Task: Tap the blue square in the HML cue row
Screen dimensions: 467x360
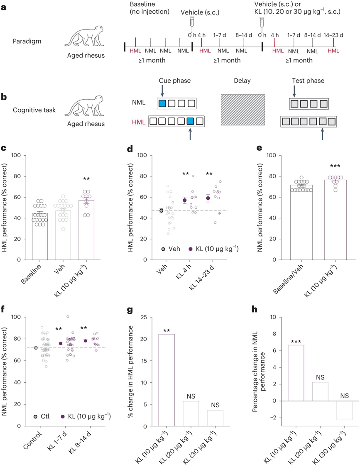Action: (191, 122)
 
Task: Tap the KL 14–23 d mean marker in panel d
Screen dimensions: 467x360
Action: (208, 198)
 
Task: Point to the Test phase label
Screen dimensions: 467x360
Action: (309, 81)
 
